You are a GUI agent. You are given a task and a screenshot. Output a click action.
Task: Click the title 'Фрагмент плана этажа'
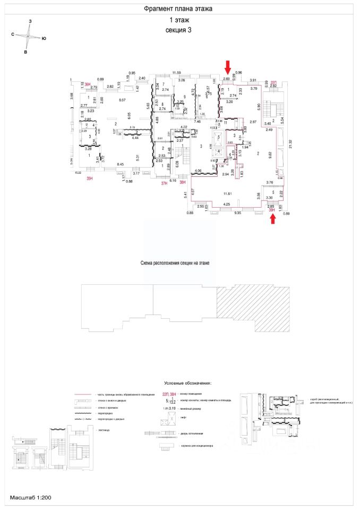point(178,9)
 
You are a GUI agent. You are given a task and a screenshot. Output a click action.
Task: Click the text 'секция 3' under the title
point(178,30)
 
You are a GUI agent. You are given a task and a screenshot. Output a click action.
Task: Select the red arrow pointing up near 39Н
point(273,218)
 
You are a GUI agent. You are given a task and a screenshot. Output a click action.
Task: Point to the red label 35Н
point(89,179)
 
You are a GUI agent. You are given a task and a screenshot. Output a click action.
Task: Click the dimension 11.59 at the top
point(176,73)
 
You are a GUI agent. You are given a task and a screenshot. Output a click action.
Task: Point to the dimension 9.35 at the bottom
point(238,212)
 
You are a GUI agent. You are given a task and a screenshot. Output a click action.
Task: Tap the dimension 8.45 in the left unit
point(121,164)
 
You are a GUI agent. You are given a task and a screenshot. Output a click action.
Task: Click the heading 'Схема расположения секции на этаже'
point(178,263)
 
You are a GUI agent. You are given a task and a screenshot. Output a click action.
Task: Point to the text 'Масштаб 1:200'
point(30,498)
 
